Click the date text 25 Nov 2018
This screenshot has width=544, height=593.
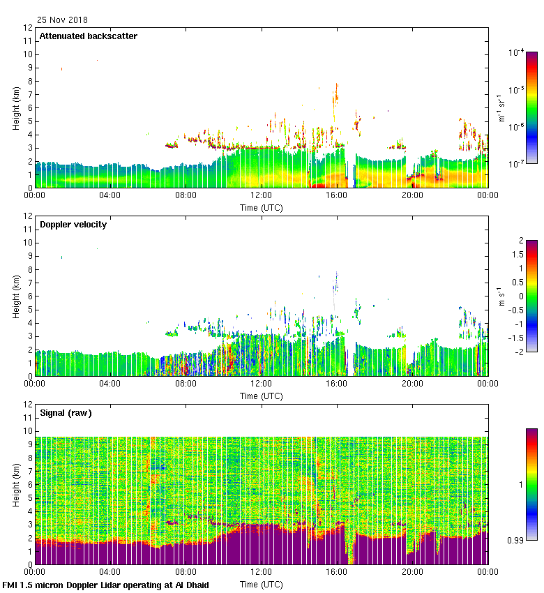[x=63, y=20]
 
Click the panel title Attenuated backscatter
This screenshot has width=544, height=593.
[x=88, y=36]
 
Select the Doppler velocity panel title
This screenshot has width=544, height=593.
[x=73, y=225]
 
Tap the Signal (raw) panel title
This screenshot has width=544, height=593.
[x=66, y=413]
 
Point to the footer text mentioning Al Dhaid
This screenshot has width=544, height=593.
[x=106, y=585]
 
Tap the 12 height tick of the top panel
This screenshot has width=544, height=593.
[x=28, y=28]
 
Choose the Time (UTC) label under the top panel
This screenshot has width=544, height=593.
[x=261, y=207]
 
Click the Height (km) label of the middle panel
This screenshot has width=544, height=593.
[x=16, y=296]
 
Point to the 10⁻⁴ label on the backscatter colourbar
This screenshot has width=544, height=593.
[x=516, y=52]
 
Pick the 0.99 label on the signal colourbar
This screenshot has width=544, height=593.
[x=515, y=541]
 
